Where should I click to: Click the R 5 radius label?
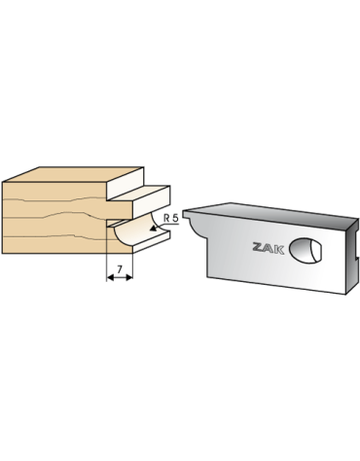(171, 218)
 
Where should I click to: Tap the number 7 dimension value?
(120, 269)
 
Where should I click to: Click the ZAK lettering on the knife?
(269, 248)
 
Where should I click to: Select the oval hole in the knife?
(306, 250)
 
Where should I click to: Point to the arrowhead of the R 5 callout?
(152, 230)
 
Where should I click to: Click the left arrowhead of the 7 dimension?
(110, 277)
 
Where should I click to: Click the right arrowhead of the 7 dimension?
(129, 277)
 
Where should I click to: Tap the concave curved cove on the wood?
(136, 231)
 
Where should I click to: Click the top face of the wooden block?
(73, 174)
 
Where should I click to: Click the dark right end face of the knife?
(352, 256)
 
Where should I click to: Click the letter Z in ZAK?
(258, 247)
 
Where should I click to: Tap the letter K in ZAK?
(279, 249)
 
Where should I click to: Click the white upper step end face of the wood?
(126, 183)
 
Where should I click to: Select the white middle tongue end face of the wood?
(151, 202)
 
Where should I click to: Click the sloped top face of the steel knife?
(270, 211)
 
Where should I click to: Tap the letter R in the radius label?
(166, 218)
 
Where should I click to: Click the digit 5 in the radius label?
(176, 218)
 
